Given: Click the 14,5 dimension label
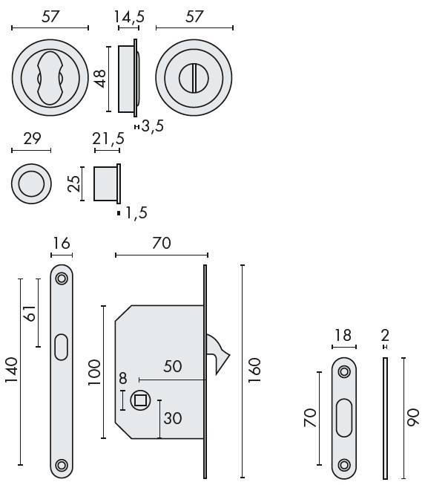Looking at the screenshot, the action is click(x=129, y=16).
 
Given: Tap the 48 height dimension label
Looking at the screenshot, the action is click(x=100, y=79).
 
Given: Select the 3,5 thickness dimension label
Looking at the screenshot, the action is click(x=153, y=126).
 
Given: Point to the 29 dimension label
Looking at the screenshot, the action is click(x=32, y=138).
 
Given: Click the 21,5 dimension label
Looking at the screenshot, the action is click(x=108, y=139).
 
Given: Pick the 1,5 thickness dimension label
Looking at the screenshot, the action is click(x=136, y=213).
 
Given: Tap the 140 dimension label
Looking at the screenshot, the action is click(x=11, y=370).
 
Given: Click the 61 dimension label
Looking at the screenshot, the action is click(x=30, y=313).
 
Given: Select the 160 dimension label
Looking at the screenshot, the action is click(x=254, y=371).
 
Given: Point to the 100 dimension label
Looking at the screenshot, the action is click(x=94, y=372).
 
